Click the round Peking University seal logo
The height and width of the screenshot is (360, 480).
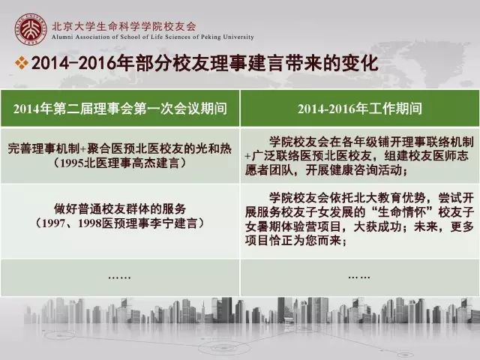[31, 29]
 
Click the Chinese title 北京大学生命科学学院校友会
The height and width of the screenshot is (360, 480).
[124, 27]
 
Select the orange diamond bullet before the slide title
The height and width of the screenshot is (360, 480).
[22, 63]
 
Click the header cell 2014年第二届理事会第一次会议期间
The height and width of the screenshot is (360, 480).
[120, 109]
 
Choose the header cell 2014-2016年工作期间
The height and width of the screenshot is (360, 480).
[360, 109]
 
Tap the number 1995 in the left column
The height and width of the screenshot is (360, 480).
[72, 163]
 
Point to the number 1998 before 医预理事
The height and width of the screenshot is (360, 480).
[89, 223]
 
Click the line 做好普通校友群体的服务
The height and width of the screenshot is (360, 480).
[120, 208]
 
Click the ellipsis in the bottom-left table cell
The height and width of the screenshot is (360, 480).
[120, 277]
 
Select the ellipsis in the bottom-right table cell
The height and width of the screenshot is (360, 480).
[359, 277]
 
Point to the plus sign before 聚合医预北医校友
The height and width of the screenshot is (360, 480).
[83, 149]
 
